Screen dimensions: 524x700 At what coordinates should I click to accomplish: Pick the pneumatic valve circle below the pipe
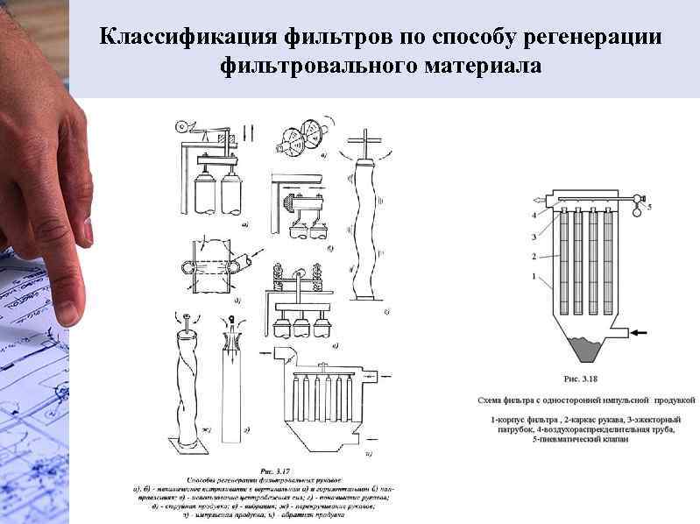[x=635, y=208]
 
